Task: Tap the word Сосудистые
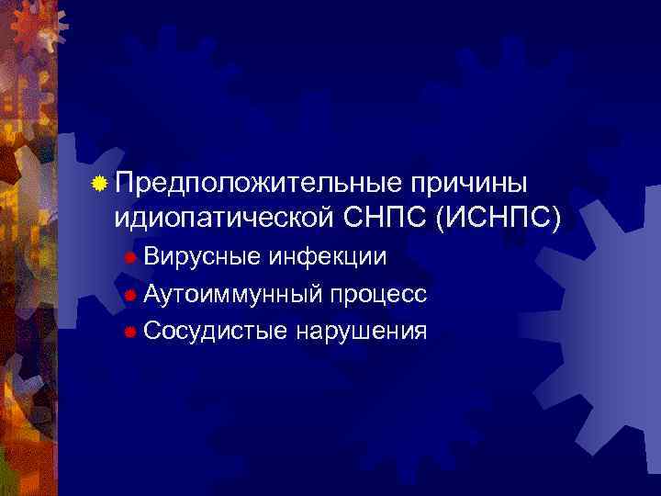214,330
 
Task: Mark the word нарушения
362,330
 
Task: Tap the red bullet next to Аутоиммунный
131,295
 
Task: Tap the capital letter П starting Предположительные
125,184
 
